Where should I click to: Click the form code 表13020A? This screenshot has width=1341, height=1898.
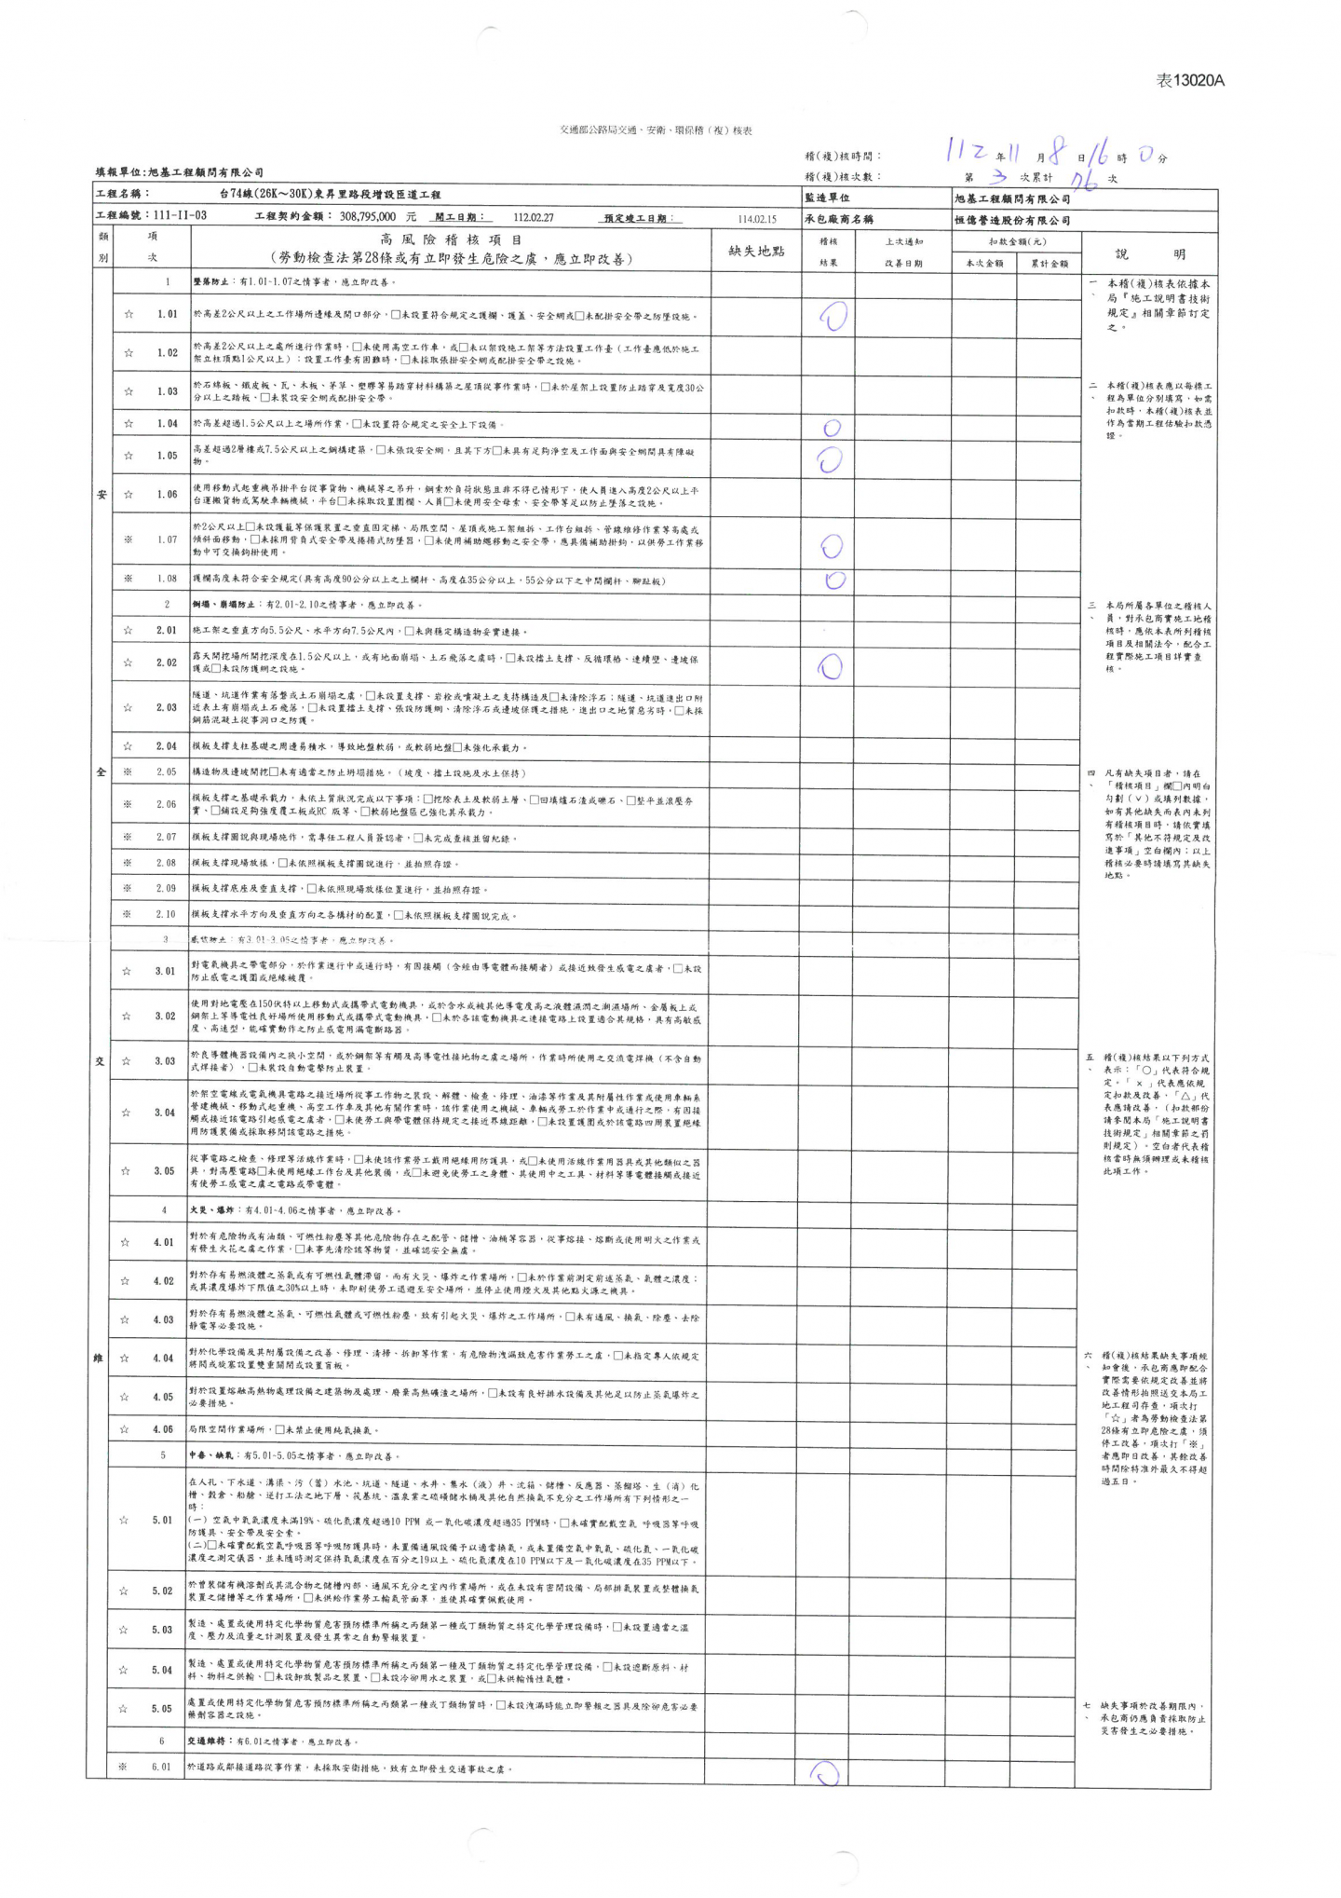click(1189, 81)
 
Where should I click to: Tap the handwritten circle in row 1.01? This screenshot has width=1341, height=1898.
click(833, 318)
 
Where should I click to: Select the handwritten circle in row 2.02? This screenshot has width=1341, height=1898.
click(830, 666)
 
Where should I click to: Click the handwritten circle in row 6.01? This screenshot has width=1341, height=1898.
click(825, 1772)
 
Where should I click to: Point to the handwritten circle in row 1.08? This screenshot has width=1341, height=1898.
click(834, 580)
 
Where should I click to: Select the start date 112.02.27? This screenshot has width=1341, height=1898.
click(534, 217)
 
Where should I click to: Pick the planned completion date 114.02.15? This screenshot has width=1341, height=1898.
click(756, 219)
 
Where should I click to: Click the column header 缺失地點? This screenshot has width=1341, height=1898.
click(755, 252)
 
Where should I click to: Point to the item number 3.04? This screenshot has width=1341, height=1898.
click(165, 1113)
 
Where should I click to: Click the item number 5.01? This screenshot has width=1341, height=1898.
click(163, 1520)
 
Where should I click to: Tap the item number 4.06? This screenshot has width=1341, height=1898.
click(164, 1429)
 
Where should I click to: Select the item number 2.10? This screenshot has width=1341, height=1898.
click(165, 914)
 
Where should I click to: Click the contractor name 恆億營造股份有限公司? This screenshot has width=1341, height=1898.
click(1012, 221)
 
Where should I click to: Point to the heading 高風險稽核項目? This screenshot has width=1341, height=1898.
click(451, 240)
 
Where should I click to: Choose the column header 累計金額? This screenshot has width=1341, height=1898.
click(1049, 264)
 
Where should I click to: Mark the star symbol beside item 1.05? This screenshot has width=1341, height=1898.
click(129, 456)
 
